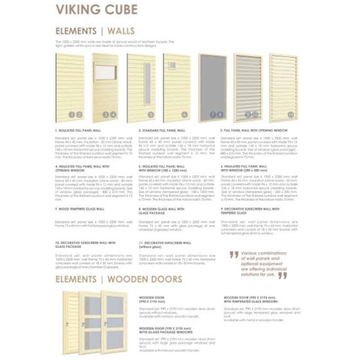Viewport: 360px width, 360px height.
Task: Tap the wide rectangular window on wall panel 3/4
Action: coord(105,72)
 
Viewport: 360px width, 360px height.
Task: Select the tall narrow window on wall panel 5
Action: coord(147,84)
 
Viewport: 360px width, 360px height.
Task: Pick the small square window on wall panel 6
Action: coord(172,66)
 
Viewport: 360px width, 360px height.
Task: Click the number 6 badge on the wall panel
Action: coord(184,115)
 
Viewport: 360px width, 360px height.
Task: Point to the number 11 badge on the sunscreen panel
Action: coord(291,115)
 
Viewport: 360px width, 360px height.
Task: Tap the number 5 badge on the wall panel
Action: coord(151,115)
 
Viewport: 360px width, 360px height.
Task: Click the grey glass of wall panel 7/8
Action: coord(212,85)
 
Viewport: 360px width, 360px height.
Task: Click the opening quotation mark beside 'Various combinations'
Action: coord(234,254)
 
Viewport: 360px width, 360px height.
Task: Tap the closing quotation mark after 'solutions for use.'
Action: coord(282,275)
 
